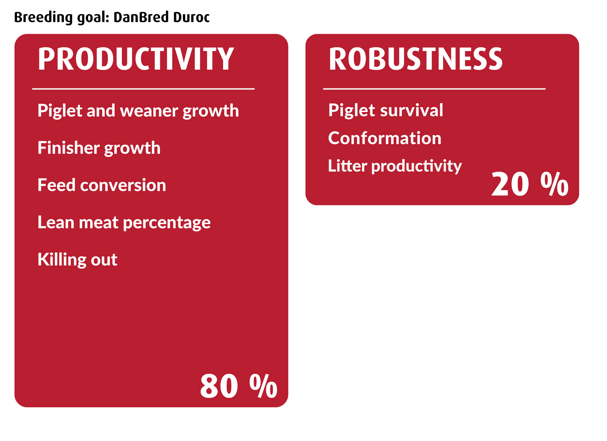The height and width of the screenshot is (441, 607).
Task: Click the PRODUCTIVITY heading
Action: pos(136,59)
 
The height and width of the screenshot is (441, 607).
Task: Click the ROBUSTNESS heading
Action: pos(415,59)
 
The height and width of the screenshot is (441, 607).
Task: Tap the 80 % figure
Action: pos(239,386)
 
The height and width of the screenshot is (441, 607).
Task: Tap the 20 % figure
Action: pos(530,184)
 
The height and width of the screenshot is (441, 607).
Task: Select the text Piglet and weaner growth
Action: pos(138,111)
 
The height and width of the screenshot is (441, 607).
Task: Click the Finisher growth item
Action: pos(99,148)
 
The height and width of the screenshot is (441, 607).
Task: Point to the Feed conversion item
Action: pos(102,185)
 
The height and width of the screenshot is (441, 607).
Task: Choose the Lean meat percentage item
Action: pos(124,223)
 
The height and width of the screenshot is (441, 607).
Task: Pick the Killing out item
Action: pos(77,259)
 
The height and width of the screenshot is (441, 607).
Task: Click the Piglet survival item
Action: pos(386,110)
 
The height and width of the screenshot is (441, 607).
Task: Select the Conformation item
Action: pos(385,138)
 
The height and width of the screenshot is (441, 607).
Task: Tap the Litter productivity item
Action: pos(395,166)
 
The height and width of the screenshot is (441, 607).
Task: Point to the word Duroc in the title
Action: pos(191,17)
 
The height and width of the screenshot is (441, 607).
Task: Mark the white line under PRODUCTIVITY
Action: pos(143,89)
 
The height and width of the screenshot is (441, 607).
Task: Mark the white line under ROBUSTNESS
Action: pos(434,89)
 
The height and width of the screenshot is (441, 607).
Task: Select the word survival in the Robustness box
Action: pos(412,110)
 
